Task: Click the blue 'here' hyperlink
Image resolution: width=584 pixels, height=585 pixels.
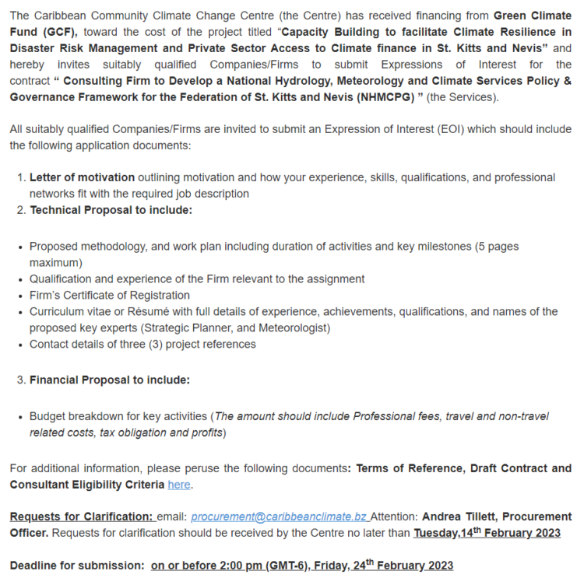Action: point(179,485)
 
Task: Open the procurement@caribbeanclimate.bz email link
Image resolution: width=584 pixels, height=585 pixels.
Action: point(279,517)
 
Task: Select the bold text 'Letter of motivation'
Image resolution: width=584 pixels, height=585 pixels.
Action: point(83,177)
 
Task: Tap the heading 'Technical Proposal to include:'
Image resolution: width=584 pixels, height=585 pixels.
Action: point(111,210)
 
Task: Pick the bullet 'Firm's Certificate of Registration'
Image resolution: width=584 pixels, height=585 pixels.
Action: point(110,295)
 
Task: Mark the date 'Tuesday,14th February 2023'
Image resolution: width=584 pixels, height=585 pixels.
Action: point(487,533)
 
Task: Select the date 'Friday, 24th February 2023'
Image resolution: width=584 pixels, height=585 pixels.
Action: point(401,566)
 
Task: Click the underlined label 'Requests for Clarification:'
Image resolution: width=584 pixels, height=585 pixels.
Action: point(81,517)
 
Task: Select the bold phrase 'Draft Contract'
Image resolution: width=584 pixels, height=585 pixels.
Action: point(503,468)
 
